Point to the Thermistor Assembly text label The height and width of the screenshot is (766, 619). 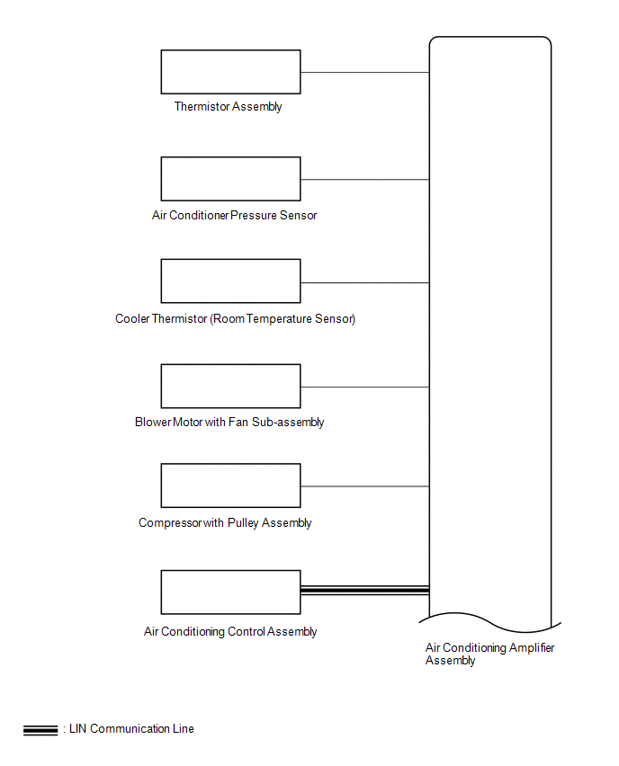click(228, 106)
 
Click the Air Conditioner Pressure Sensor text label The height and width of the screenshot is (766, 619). click(234, 216)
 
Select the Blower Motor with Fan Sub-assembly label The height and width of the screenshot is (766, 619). click(229, 422)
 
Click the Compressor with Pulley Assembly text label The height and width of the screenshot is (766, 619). click(225, 523)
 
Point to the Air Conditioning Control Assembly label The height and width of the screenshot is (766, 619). click(230, 632)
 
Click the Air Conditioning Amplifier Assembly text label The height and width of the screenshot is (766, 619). click(489, 654)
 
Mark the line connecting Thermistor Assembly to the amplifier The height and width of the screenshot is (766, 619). click(364, 72)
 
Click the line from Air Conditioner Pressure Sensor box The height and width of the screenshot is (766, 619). click(364, 180)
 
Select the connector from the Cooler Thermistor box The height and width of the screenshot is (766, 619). click(364, 283)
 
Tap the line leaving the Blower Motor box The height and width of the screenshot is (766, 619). click(364, 387)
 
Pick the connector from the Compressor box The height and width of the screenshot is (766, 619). click(364, 486)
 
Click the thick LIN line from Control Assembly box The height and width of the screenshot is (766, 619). click(364, 590)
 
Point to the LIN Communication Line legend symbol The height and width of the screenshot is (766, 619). click(40, 730)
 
